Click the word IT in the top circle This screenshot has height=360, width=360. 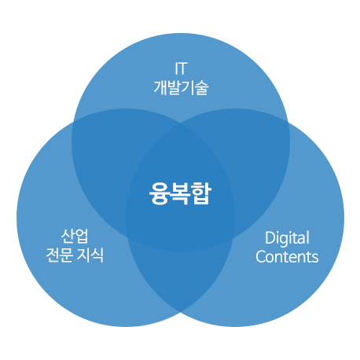[181, 68]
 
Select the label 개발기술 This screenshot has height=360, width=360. [181, 87]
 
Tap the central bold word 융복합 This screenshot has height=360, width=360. [180, 193]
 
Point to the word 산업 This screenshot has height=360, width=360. [75, 236]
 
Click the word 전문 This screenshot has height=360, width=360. [59, 255]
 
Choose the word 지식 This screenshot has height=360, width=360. [90, 255]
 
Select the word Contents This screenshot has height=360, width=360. [287, 257]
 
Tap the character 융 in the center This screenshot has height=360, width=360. [159, 193]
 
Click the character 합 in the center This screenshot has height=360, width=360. [201, 193]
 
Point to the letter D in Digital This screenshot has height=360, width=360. [270, 238]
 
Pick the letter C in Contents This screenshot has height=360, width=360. [261, 257]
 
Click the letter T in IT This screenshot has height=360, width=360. [182, 68]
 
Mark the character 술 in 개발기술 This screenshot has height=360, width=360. [202, 87]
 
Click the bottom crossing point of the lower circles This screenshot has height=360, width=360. [180, 312]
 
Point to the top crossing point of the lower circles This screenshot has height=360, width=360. [181, 123]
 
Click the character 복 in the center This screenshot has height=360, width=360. [180, 193]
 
